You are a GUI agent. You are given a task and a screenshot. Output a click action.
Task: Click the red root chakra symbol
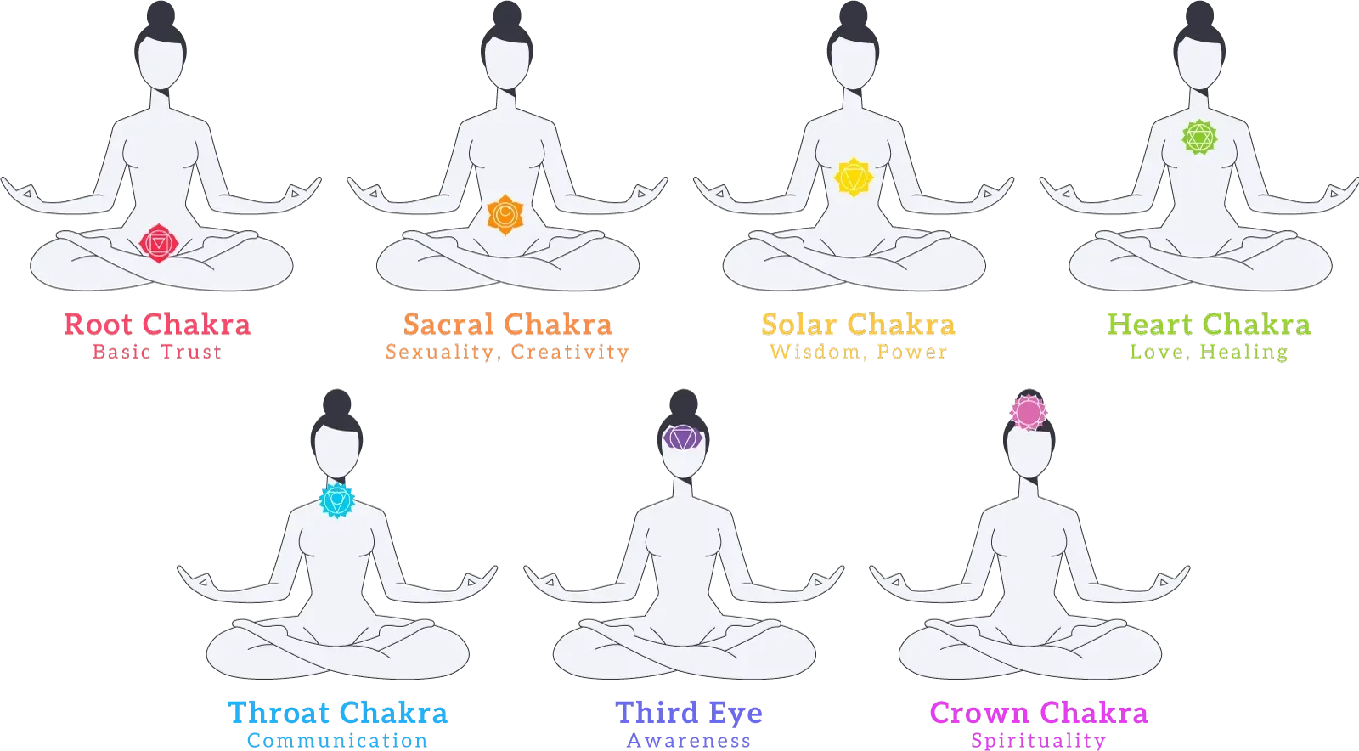158,244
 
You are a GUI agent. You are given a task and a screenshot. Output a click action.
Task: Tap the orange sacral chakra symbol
505,214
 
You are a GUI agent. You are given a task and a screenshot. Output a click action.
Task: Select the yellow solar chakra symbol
853,178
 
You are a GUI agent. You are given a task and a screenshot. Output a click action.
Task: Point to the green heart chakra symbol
1199,136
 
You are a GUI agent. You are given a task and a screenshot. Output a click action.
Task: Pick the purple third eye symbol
682,438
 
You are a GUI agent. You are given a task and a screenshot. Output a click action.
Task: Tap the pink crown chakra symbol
1029,412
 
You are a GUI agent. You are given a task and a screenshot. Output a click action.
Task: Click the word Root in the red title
97,325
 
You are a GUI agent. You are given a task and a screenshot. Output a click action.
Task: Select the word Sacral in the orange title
448,325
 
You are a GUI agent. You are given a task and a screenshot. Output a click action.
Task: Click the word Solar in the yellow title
798,325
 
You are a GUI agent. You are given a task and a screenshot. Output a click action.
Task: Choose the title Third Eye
689,712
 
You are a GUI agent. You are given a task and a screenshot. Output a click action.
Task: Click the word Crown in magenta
978,712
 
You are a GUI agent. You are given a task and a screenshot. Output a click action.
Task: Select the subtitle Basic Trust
157,351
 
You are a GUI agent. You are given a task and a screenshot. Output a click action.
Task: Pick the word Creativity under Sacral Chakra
571,352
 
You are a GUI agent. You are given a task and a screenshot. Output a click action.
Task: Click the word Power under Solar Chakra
912,351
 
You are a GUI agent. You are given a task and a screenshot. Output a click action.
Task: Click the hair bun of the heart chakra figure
1198,19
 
